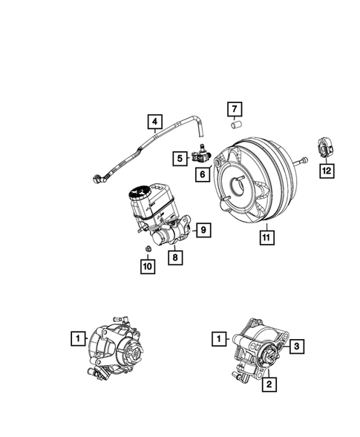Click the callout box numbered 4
pyautogui.click(x=155, y=122)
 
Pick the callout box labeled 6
pyautogui.click(x=200, y=174)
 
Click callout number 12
pyautogui.click(x=326, y=171)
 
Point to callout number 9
pyautogui.click(x=200, y=231)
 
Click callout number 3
pyautogui.click(x=295, y=346)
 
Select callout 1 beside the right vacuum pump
pyautogui.click(x=218, y=339)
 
